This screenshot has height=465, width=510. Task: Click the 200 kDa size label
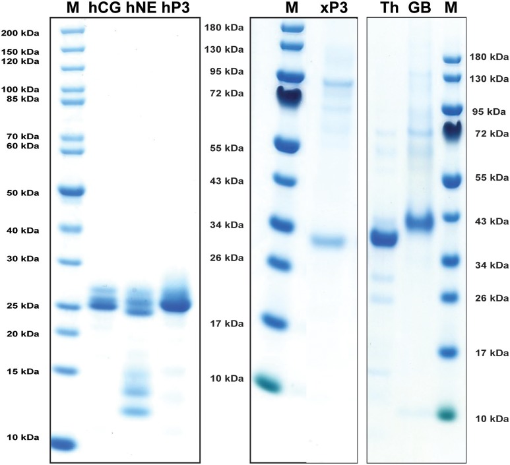click(x=20, y=32)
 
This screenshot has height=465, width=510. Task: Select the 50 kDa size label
click(x=20, y=193)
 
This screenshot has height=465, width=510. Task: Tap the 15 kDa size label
click(x=20, y=371)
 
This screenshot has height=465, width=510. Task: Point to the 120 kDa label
click(x=20, y=61)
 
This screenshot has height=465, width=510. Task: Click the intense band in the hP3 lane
click(x=173, y=305)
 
